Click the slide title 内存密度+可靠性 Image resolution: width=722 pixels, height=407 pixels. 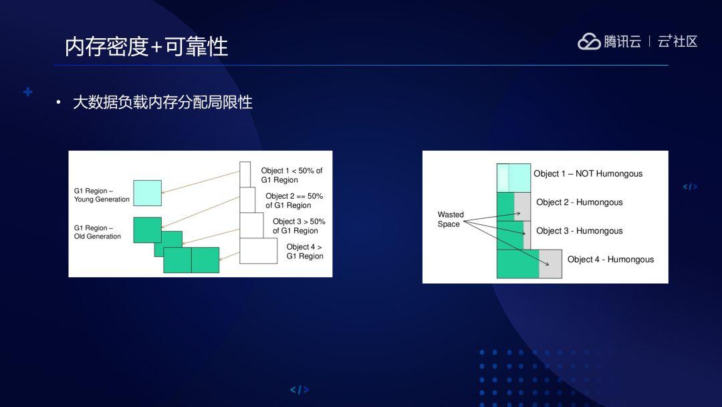click(146, 46)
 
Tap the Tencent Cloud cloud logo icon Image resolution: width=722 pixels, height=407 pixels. click(589, 42)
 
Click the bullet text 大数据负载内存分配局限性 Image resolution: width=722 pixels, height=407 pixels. click(162, 102)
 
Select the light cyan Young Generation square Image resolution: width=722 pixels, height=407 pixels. click(147, 193)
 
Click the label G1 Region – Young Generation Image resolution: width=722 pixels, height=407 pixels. click(102, 195)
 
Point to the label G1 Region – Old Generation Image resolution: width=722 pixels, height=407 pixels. click(98, 232)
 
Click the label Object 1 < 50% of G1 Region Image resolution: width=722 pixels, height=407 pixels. click(291, 175)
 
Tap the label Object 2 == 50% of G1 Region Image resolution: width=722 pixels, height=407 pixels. click(293, 201)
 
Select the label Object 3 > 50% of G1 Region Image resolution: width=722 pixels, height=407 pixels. click(298, 226)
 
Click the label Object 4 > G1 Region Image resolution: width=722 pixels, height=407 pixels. click(304, 252)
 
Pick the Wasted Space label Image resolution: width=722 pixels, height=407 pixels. click(450, 220)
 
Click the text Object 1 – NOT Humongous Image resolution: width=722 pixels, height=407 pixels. click(588, 174)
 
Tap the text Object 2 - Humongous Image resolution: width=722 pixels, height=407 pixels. click(579, 202)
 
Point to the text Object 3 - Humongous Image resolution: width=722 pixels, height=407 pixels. click(579, 231)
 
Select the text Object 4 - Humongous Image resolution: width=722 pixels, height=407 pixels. click(610, 260)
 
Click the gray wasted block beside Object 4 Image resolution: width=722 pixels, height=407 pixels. click(551, 264)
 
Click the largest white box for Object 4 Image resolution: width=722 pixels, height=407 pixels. click(258, 251)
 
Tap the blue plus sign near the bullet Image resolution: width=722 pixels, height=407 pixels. click(28, 92)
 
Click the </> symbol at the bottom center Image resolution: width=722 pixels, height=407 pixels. click(299, 390)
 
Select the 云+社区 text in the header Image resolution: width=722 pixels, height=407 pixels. click(677, 42)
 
